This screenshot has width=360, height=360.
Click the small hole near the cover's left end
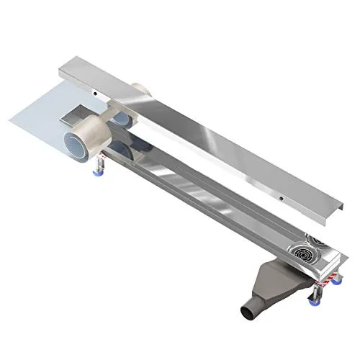pyautogui.click(x=96, y=92)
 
